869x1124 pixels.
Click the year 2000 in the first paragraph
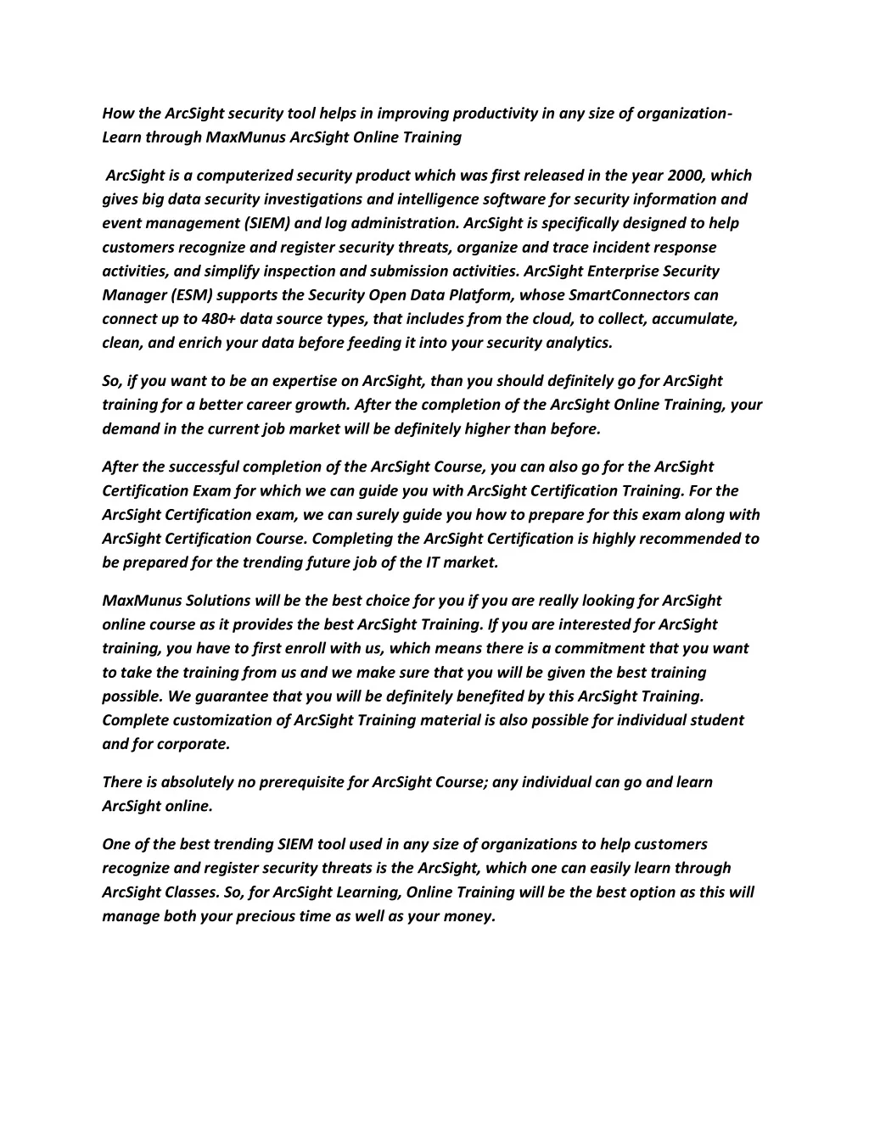687,176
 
